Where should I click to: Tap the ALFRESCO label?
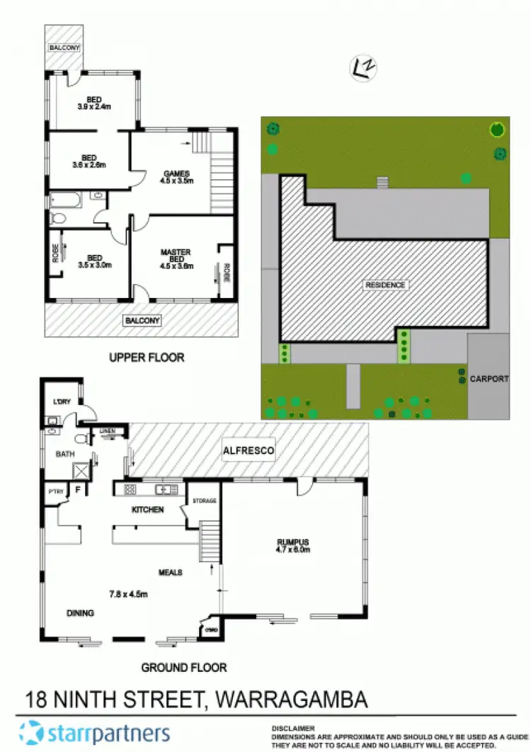point(248,450)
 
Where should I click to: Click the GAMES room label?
point(176,173)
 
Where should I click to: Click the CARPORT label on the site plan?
point(489,379)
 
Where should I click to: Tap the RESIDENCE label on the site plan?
point(385,285)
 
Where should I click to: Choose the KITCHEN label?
point(148,509)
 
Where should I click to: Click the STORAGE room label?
point(205,501)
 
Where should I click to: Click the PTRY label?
point(55,489)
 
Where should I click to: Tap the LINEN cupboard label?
point(107,431)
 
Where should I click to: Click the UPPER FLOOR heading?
point(147,358)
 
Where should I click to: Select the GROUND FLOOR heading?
point(183,667)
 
